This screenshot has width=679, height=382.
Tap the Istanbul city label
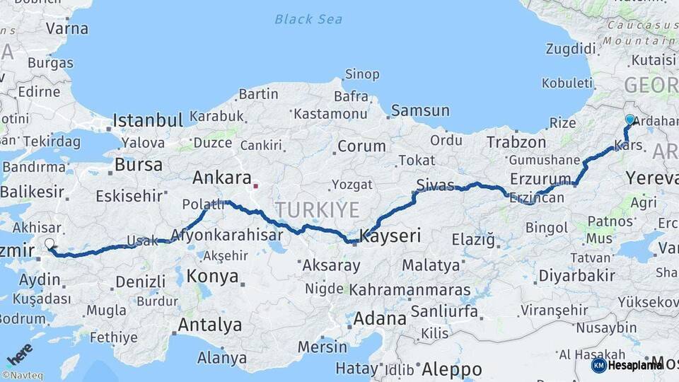(148, 119)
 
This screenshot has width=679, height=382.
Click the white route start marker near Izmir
(50, 244)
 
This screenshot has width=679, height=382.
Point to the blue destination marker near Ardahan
(629, 120)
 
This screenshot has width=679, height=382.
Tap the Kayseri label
(390, 236)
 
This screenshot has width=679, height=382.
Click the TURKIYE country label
(318, 209)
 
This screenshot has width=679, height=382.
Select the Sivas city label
(435, 186)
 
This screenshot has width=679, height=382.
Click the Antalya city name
(210, 325)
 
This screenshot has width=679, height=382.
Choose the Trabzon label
(516, 142)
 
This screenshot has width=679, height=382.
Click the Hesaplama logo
(627, 365)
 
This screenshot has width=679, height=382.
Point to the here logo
(19, 354)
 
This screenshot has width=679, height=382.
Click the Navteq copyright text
(22, 376)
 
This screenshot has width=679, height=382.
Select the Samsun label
(420, 110)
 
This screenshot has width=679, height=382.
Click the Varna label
(67, 29)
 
